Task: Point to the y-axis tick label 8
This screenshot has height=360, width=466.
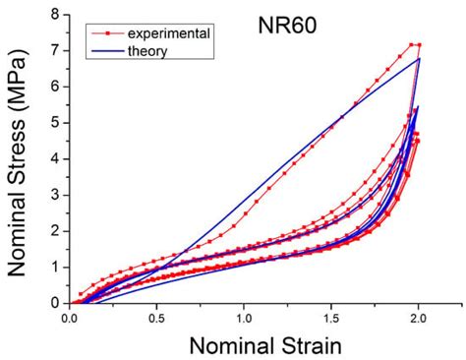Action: (x=54, y=15)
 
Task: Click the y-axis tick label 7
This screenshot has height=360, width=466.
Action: (x=54, y=50)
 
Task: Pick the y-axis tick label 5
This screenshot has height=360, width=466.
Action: (x=54, y=122)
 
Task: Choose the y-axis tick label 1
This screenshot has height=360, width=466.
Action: (x=54, y=267)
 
